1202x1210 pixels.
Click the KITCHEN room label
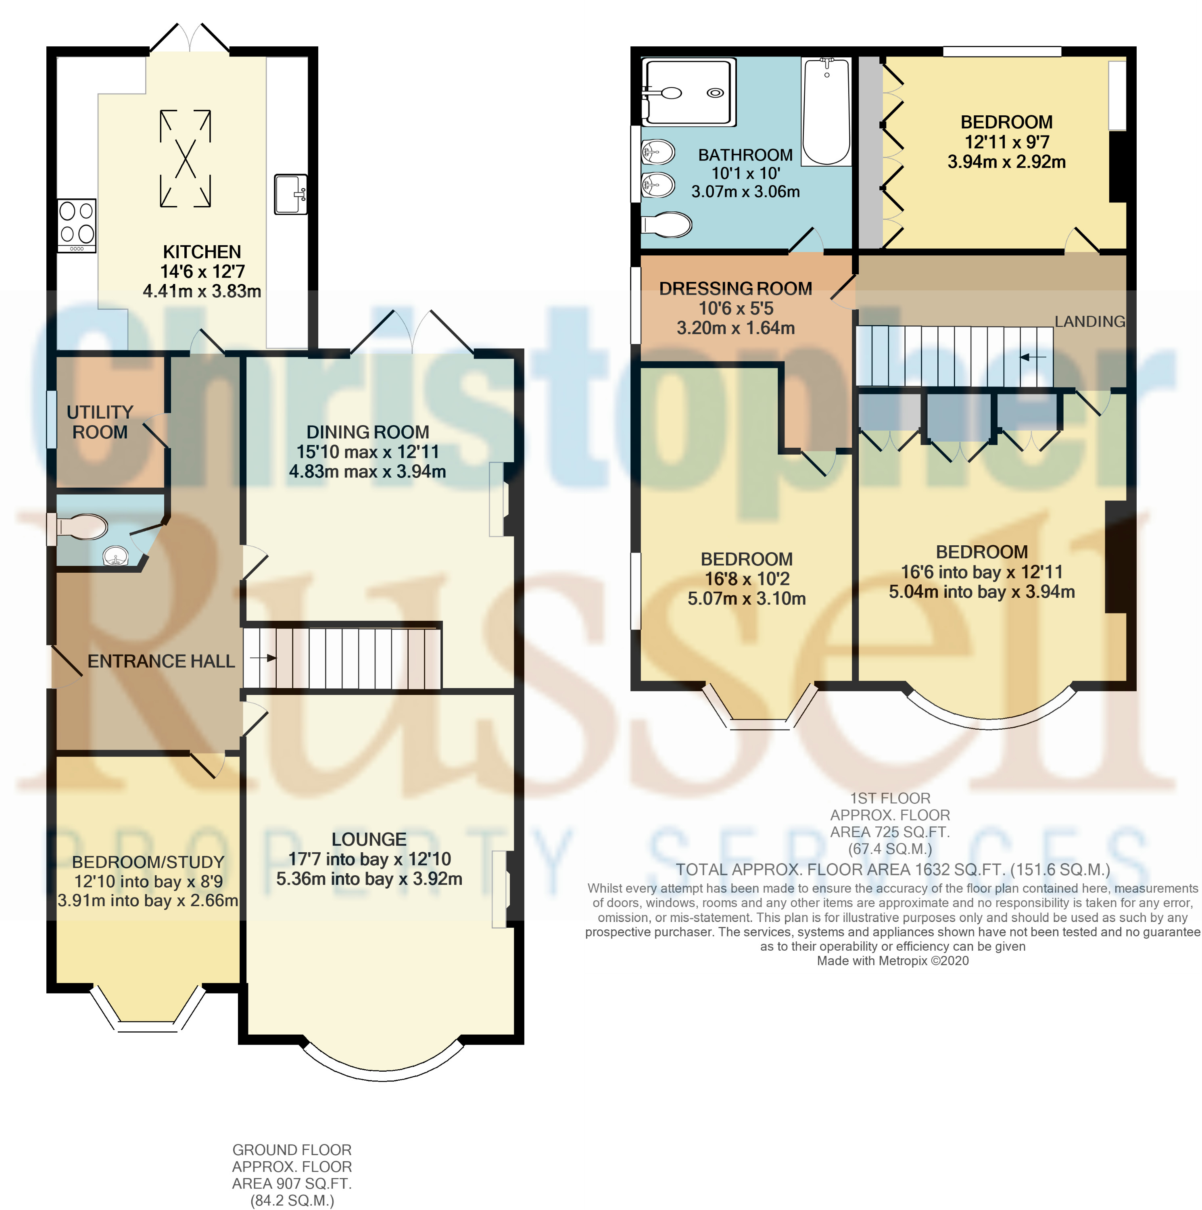[202, 252]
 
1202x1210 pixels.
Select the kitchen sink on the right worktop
[291, 194]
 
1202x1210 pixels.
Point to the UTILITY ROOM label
[100, 422]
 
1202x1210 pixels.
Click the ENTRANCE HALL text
[161, 661]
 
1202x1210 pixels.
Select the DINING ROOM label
[368, 432]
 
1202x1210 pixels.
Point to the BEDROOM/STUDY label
[148, 862]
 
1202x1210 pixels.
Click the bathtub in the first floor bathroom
[826, 111]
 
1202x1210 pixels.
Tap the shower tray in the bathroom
[689, 92]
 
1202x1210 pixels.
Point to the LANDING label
[1090, 321]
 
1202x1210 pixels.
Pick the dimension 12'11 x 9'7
[1006, 142]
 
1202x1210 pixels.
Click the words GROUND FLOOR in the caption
[292, 1150]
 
